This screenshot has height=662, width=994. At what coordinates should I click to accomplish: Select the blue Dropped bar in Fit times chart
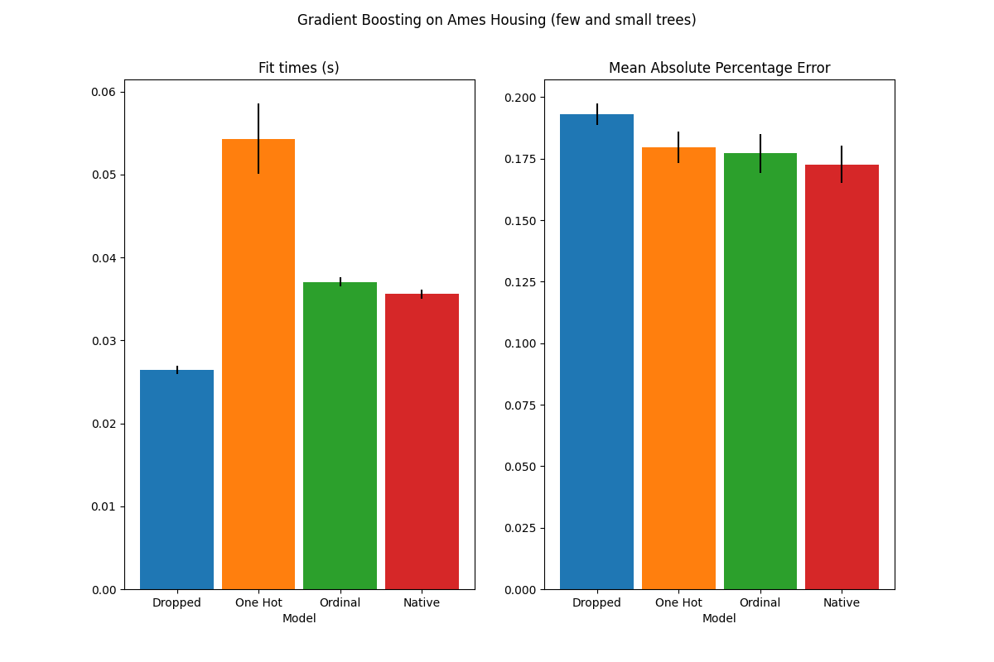[x=176, y=480]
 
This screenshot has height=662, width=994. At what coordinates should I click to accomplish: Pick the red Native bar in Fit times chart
[x=422, y=442]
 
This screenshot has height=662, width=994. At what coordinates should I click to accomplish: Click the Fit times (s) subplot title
[x=299, y=69]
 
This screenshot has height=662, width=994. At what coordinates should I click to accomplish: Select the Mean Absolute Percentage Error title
[x=719, y=69]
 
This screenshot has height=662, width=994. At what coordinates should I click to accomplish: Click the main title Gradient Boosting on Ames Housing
[x=497, y=21]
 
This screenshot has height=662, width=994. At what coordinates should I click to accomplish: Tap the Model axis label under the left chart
[x=299, y=618]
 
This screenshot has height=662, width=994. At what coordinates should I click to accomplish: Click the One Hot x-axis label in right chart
[x=678, y=603]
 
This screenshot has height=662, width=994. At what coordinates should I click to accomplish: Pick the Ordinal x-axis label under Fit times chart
[x=340, y=603]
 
